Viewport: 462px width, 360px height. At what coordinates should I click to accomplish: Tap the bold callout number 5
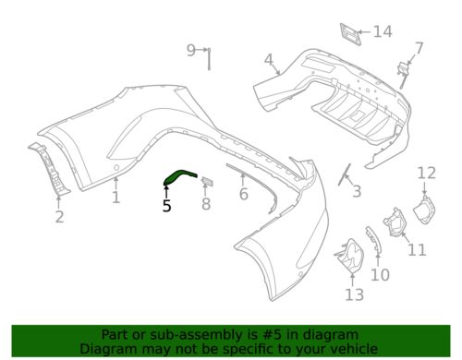pos(166,206)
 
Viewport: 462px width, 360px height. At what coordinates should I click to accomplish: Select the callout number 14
pos(383,31)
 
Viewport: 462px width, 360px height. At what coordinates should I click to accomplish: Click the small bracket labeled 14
pos(350,34)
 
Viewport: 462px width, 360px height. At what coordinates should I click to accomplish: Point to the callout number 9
pos(191,50)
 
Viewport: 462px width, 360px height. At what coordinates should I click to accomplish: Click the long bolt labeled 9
pos(209,58)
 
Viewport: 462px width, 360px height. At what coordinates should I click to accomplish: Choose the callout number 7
pos(419,48)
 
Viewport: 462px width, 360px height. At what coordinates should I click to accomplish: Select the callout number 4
pos(269,60)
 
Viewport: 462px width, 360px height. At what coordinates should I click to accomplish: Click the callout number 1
pos(115,198)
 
